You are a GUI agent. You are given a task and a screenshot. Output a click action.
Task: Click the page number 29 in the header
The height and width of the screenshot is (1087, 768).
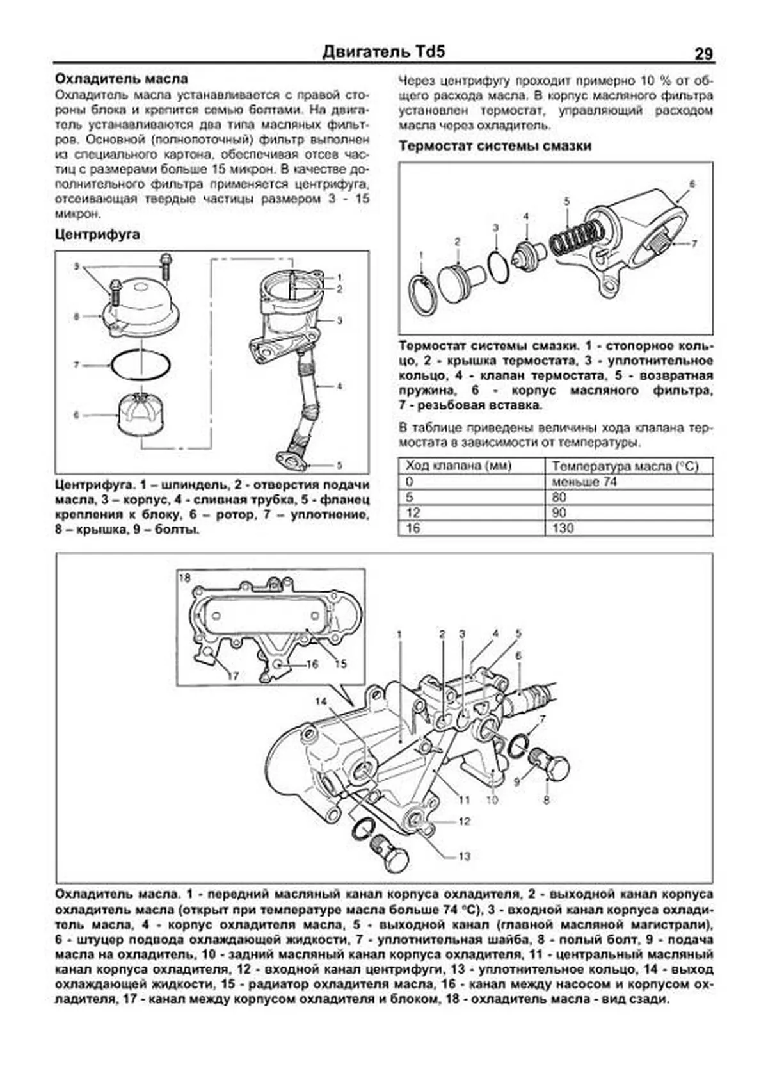click(703, 54)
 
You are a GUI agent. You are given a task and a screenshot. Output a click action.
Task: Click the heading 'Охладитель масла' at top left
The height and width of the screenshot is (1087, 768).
click(122, 79)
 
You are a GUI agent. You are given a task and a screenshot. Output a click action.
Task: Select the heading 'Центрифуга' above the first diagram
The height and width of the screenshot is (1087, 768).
click(97, 234)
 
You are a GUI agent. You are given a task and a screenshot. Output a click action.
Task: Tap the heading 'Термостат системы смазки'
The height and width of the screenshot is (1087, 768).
click(495, 146)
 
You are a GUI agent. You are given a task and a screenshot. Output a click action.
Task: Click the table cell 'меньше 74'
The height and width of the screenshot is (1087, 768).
click(584, 482)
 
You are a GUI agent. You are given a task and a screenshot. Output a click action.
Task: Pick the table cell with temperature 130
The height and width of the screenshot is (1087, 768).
click(563, 528)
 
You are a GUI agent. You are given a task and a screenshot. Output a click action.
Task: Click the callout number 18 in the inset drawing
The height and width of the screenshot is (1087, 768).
click(184, 577)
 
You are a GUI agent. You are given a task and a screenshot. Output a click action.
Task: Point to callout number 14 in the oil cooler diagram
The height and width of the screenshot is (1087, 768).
click(320, 701)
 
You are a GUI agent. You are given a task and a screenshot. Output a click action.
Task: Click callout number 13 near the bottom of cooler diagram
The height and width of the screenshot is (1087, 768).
click(464, 856)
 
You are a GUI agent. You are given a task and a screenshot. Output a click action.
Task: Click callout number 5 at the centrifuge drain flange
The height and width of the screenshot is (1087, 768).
click(339, 465)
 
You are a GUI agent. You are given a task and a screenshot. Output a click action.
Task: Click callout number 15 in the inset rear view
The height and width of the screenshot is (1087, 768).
click(340, 664)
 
